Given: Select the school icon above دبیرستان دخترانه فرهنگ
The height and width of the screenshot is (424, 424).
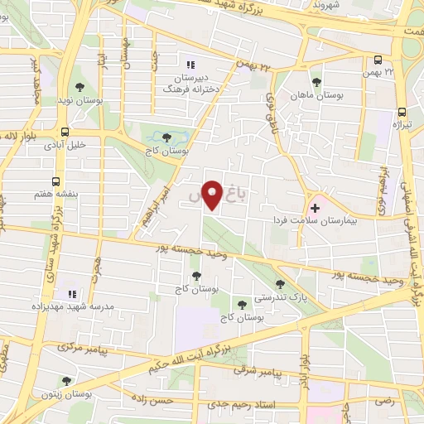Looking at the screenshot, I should pos(190,64).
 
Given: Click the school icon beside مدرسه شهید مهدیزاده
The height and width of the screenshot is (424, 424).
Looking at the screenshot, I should pos(71,294).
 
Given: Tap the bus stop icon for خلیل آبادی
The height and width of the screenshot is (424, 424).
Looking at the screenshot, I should pos(65,132).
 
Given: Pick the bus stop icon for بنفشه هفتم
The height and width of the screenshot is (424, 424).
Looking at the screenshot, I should pos(55,181).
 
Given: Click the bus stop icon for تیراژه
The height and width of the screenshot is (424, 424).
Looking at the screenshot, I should pos(402,112).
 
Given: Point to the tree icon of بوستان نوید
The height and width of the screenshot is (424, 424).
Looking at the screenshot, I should pos(79,86).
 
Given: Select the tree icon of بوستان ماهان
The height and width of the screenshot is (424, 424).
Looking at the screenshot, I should pos(316,82).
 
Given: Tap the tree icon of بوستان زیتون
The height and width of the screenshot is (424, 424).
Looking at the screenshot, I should pos(66,381).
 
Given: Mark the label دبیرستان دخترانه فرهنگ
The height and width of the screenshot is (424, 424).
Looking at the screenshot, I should pos(189,80).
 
